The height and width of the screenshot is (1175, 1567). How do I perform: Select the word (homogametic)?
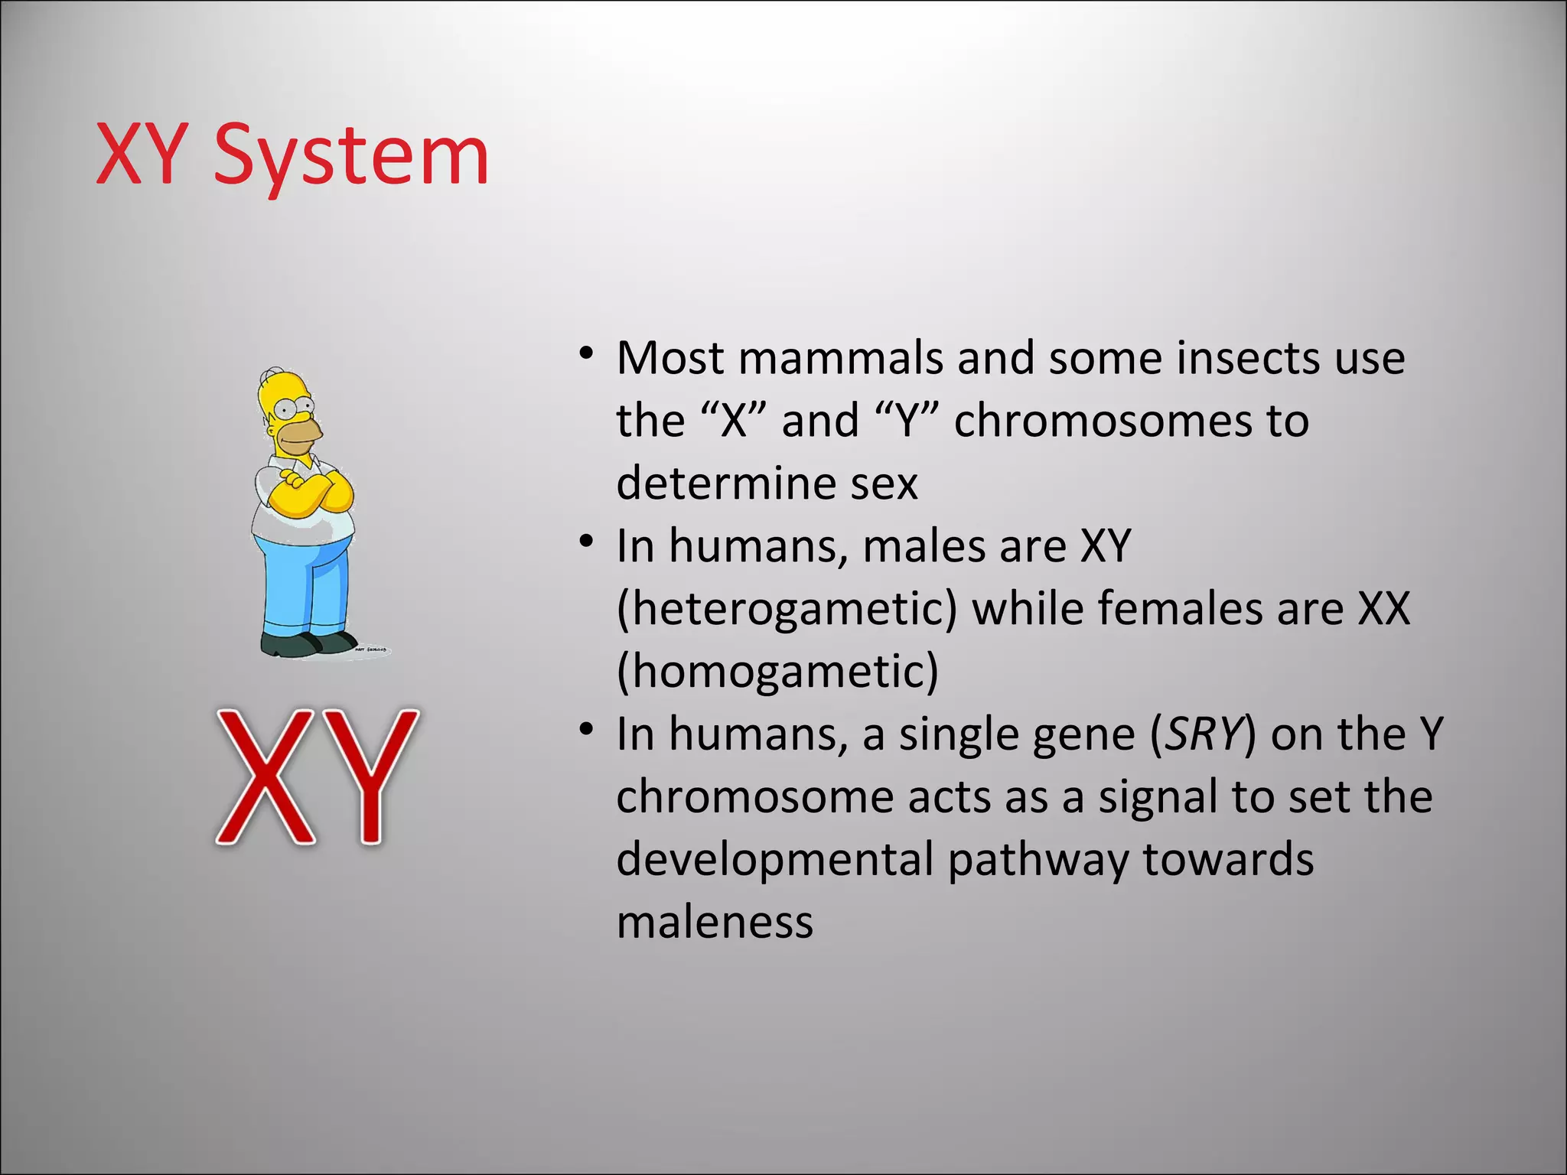point(777,672)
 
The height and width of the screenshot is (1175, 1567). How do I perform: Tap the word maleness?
point(715,923)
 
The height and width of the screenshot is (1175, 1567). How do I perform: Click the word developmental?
point(774,860)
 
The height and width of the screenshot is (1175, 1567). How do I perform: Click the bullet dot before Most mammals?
point(586,354)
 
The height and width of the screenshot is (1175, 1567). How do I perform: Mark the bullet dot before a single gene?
point(586,730)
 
